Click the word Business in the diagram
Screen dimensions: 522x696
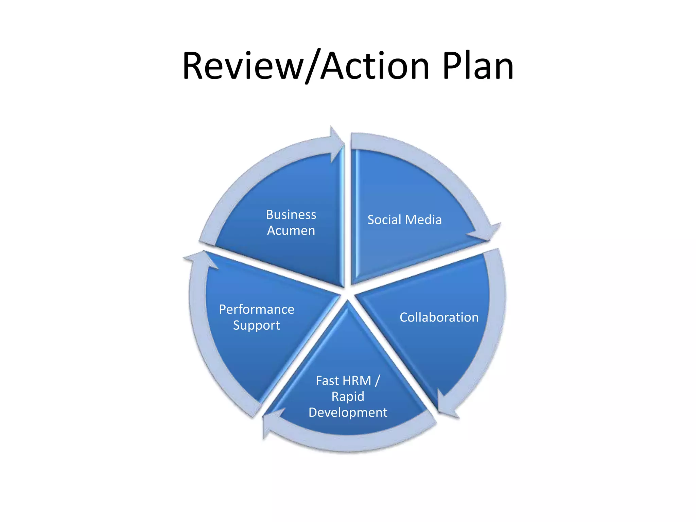tap(291, 214)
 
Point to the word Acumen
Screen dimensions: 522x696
tap(291, 231)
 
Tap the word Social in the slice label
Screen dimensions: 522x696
tap(384, 220)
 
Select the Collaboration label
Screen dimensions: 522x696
tap(439, 317)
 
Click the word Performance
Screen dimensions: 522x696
tap(257, 309)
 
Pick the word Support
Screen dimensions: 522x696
tap(257, 326)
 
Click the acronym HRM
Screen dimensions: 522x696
tap(357, 381)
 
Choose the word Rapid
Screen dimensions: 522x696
tap(348, 397)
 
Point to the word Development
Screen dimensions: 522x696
tap(348, 413)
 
